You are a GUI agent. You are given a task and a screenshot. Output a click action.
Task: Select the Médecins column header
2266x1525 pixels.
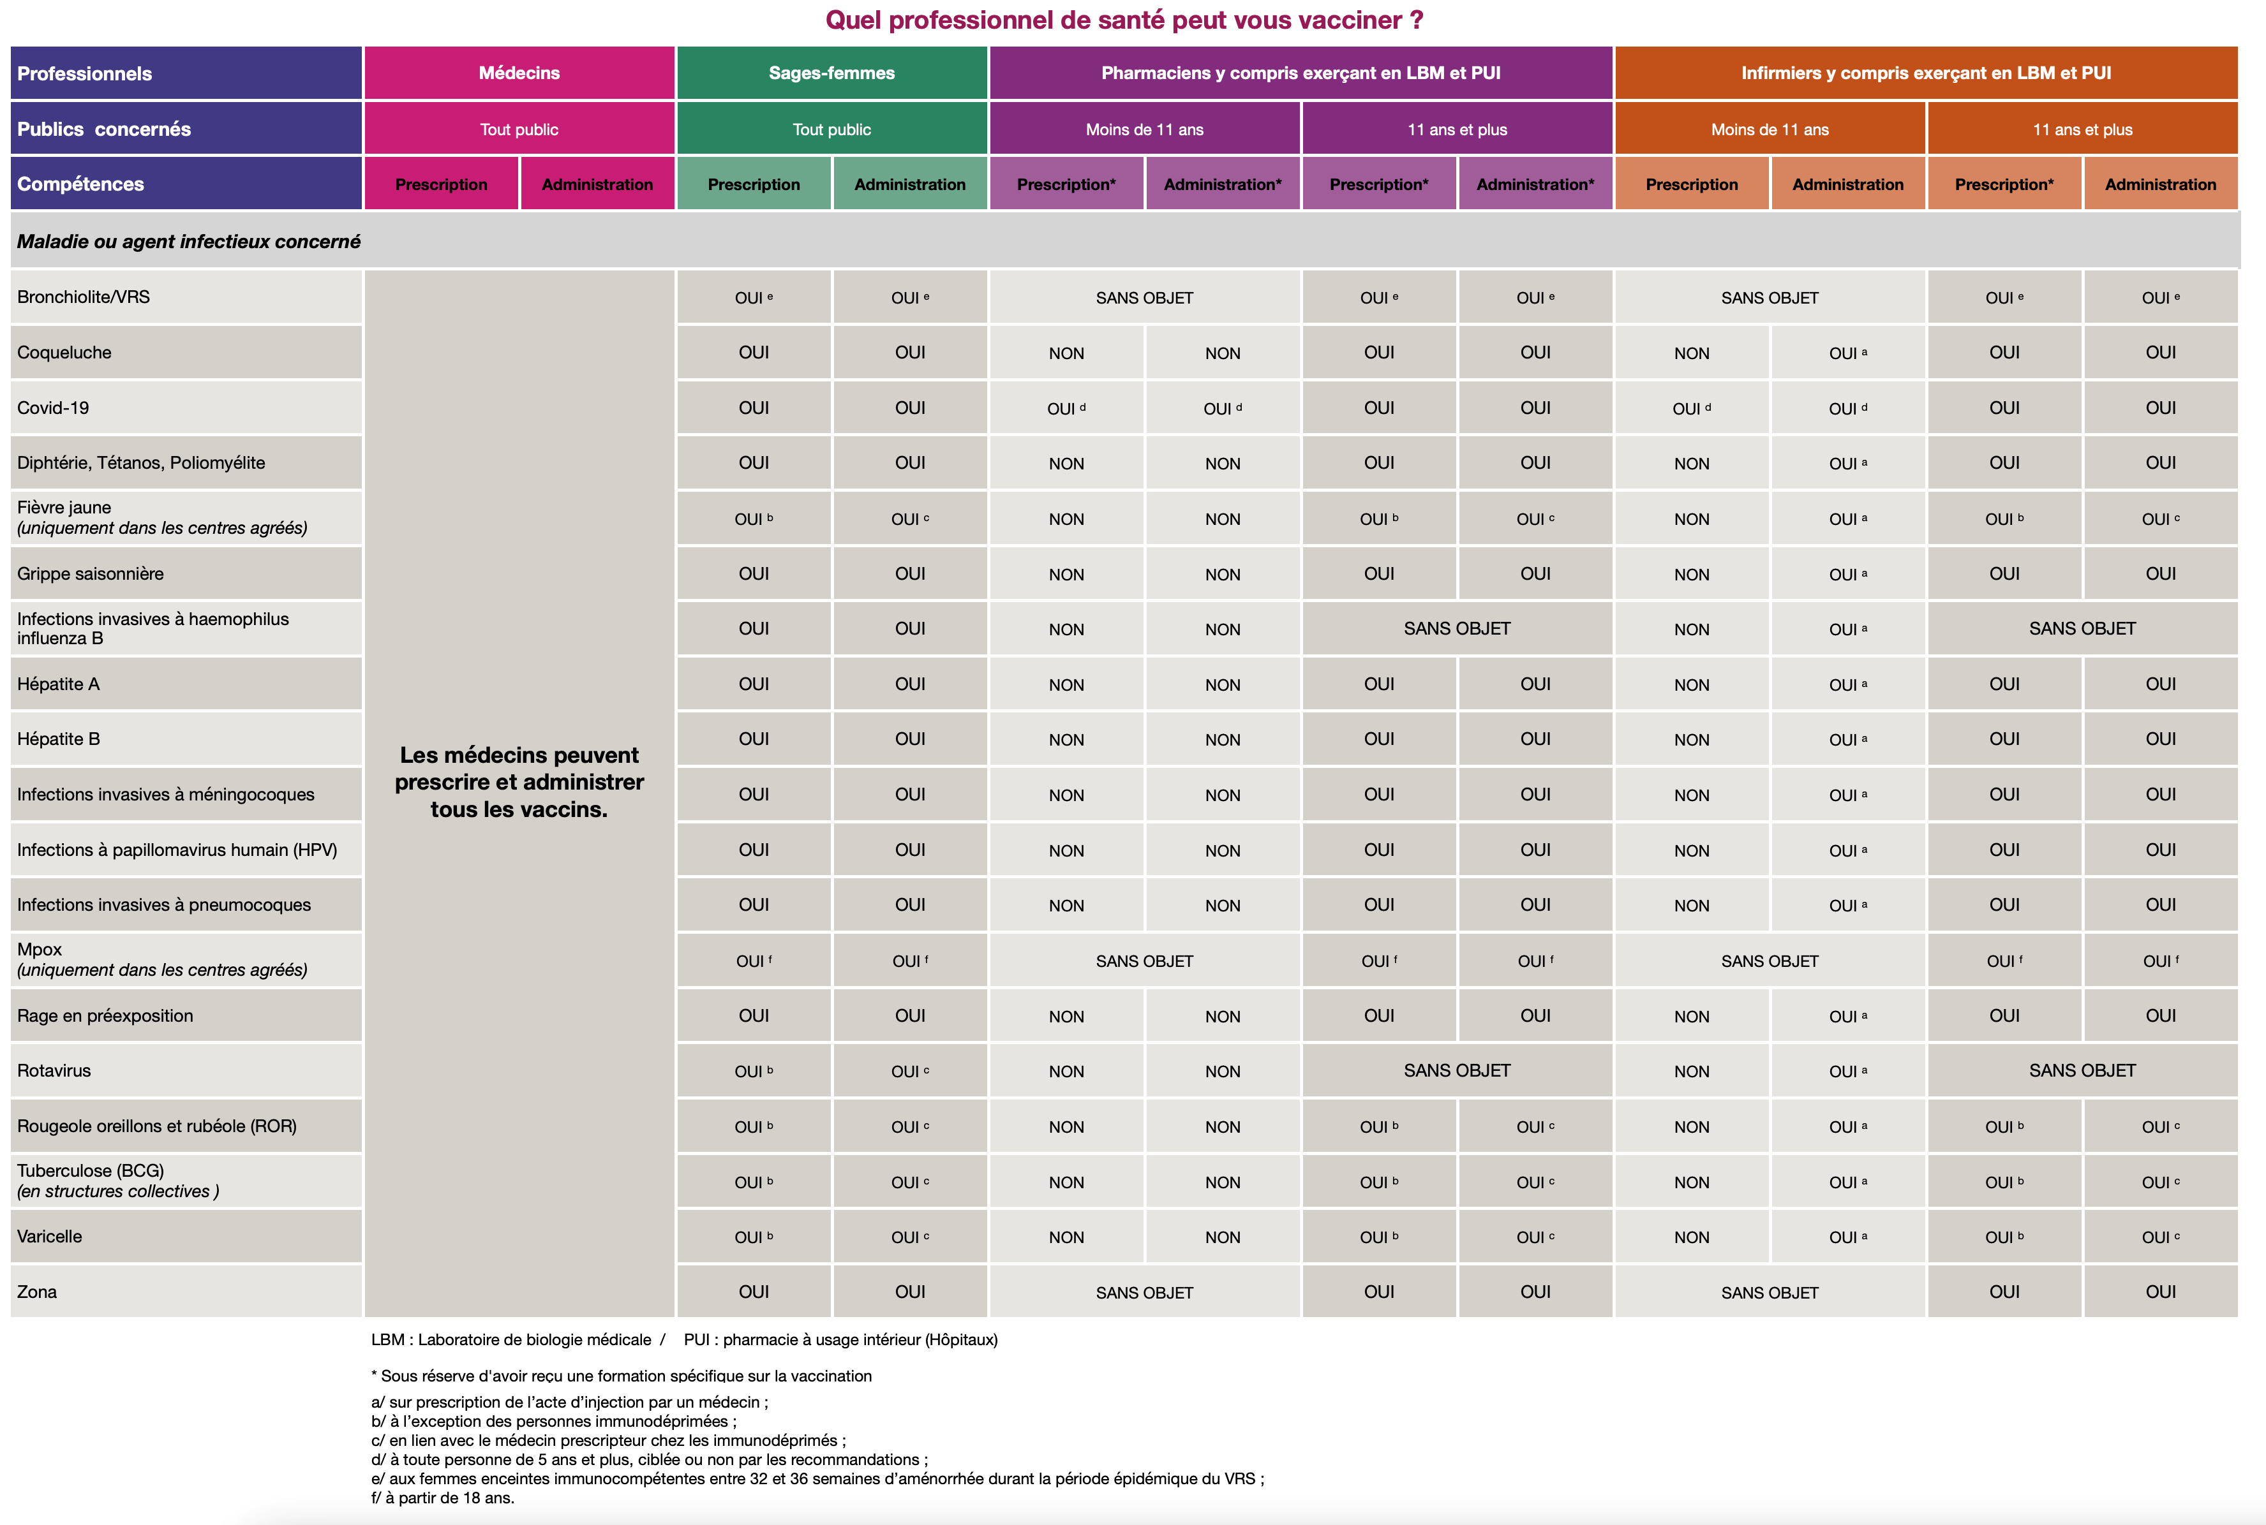[519, 73]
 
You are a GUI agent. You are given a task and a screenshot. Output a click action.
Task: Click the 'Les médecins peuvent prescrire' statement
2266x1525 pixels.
[519, 782]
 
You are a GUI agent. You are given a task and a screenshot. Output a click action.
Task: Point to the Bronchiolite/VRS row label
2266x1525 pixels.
[84, 297]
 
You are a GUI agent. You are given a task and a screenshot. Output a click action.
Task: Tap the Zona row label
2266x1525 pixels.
[37, 1292]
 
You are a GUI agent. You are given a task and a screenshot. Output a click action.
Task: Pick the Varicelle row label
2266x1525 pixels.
[50, 1236]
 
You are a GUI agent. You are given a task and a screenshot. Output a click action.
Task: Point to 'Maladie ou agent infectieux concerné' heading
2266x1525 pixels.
[189, 241]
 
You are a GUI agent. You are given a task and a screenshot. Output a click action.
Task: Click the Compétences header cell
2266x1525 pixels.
[81, 184]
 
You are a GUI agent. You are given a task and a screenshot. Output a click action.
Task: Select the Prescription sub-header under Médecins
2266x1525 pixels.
[441, 184]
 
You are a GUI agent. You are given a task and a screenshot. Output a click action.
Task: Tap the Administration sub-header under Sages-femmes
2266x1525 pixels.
[910, 184]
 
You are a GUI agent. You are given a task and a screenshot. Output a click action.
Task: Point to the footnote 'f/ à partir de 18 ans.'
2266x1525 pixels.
[443, 1498]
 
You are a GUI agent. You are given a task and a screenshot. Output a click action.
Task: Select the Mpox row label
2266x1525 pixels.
[40, 949]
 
